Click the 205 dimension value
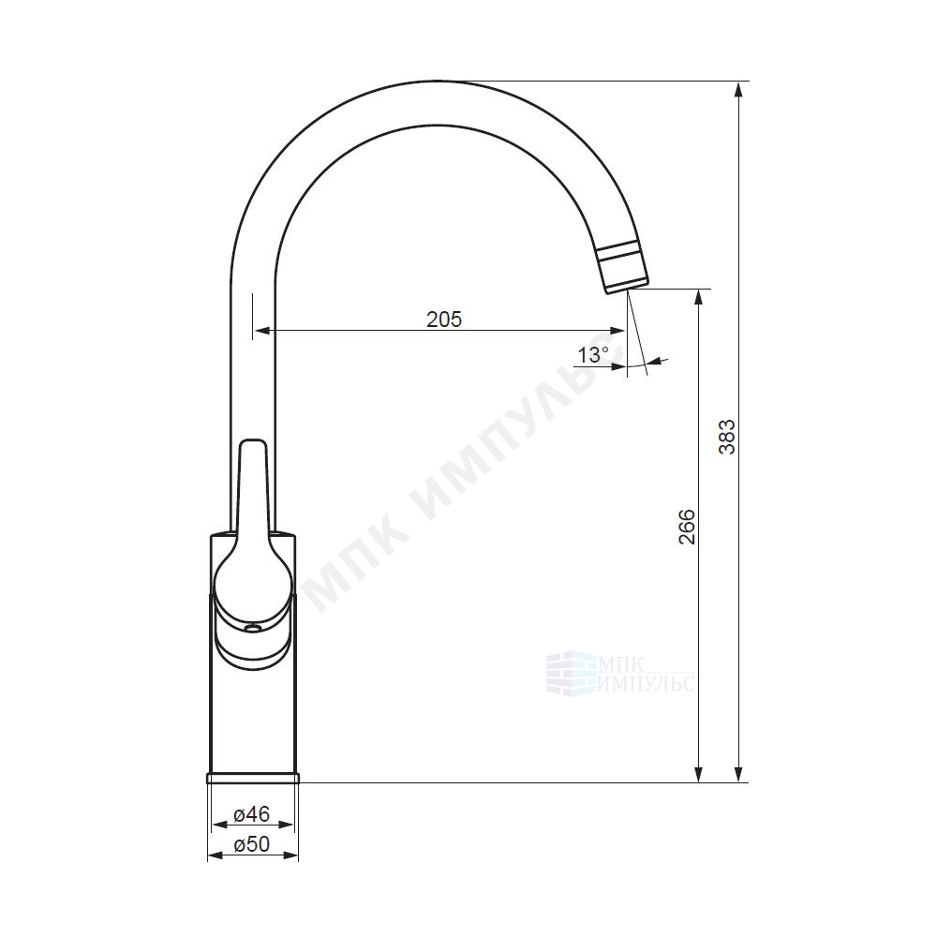pos(444,320)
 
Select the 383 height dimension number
pos(727,437)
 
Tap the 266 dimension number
pos(687,527)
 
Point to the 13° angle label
pos(592,355)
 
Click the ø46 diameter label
pos(252,813)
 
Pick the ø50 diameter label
pos(252,844)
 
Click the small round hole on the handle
pos(253,628)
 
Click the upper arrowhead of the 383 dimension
pos(738,91)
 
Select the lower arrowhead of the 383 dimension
pos(738,773)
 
